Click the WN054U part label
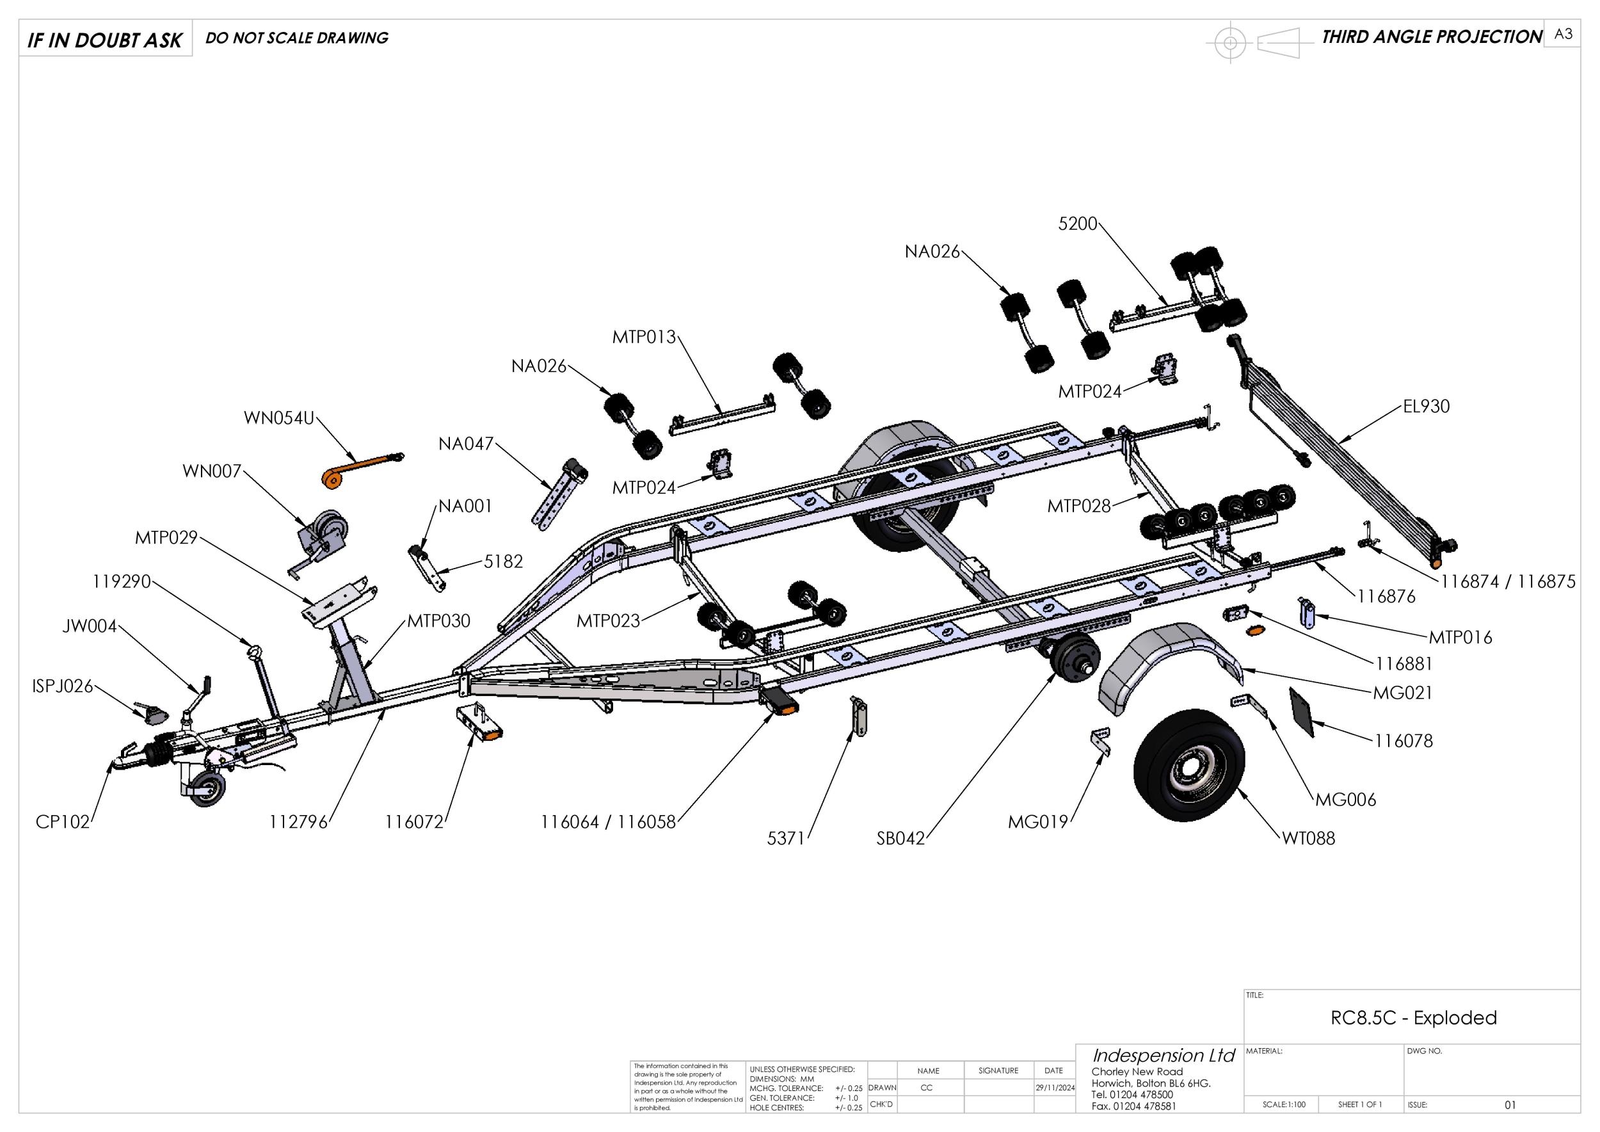(279, 418)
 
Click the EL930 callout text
(1426, 407)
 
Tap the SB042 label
(900, 839)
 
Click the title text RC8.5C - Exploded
(1413, 1017)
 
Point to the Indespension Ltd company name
(1163, 1055)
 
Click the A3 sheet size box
(1563, 34)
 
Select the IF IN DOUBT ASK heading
(105, 40)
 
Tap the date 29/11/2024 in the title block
(1054, 1087)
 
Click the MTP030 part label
(438, 620)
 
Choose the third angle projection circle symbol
(1230, 43)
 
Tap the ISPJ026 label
(62, 686)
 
